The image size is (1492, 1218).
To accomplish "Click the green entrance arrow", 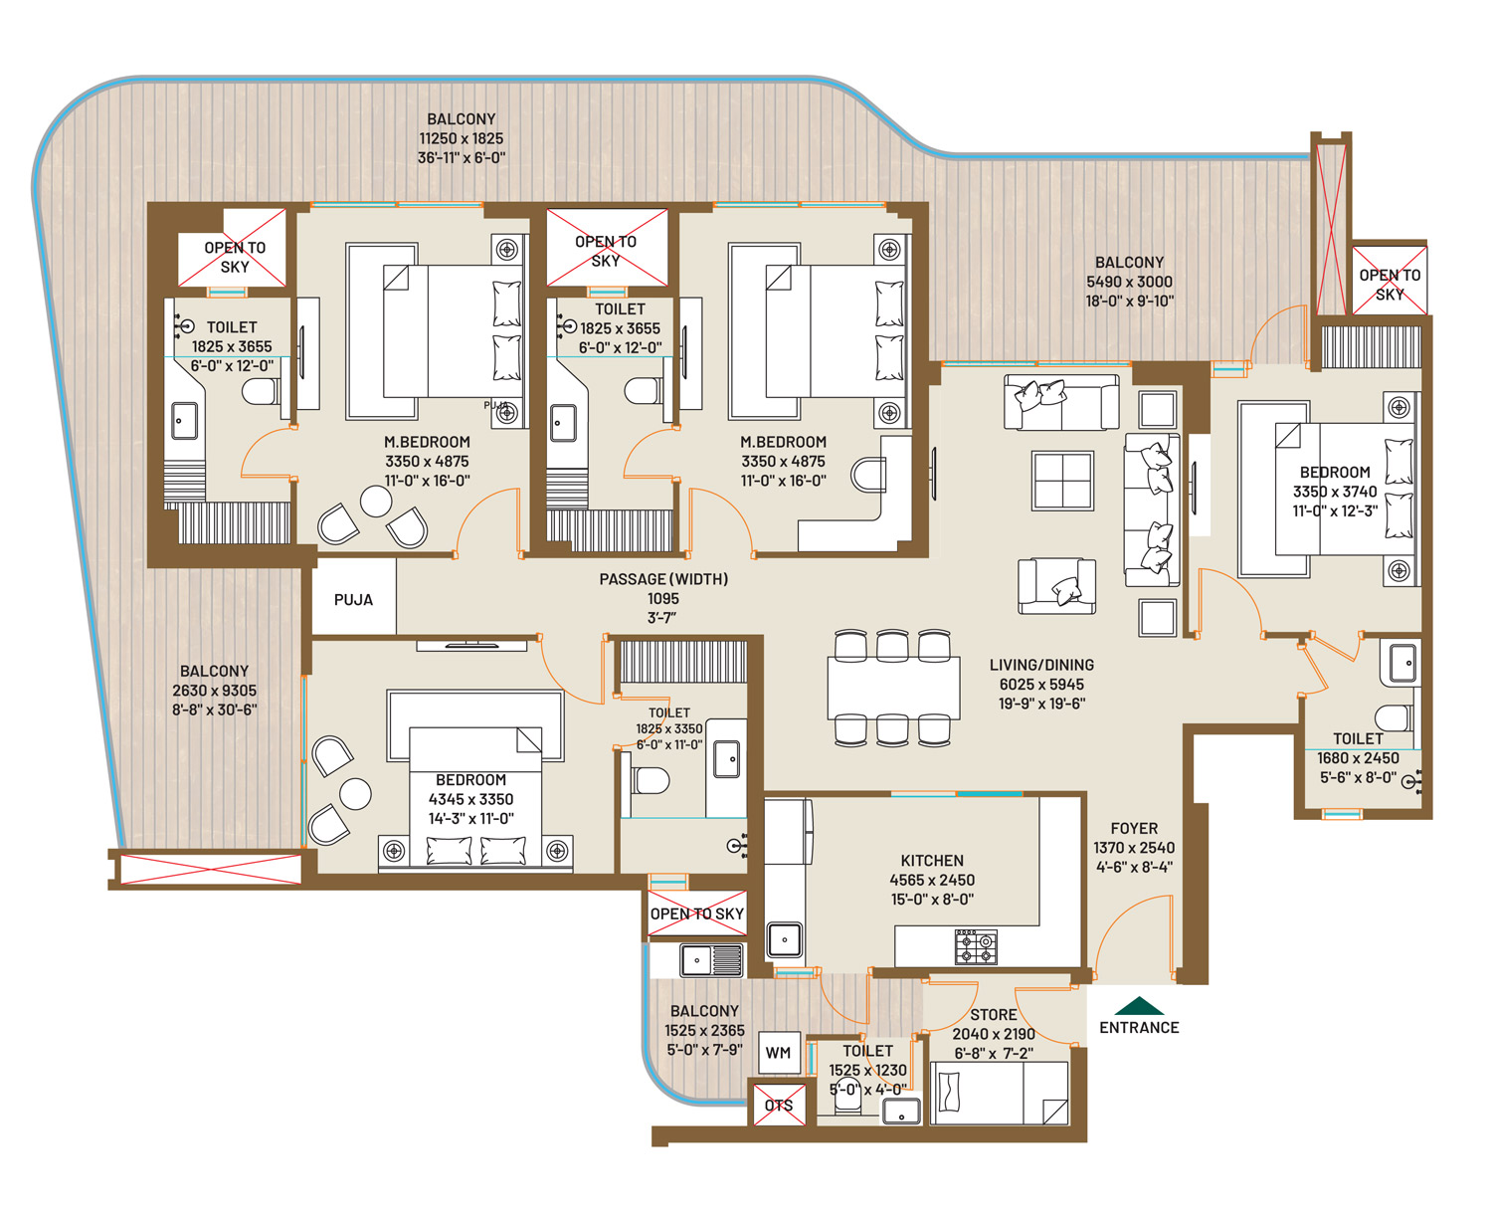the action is [1138, 1006].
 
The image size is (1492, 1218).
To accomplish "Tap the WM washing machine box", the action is [778, 1053].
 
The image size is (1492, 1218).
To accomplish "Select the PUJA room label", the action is [353, 599].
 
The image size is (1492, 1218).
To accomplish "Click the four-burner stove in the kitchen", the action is [976, 947].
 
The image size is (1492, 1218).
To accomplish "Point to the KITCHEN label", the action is [932, 861].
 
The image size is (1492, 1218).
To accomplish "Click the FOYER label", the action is [1134, 828].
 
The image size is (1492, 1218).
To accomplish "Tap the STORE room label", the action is [994, 1014].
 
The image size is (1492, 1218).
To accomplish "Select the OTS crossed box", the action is [779, 1105].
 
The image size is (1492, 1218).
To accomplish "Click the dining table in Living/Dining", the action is [893, 688].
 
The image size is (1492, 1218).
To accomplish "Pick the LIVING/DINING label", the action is [1041, 665].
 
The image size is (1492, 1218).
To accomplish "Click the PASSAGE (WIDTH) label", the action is [663, 579].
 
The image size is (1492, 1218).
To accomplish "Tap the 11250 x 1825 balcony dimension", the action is [462, 138].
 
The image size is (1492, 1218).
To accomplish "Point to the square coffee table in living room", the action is [1062, 481].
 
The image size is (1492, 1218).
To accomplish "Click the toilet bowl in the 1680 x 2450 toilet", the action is [1393, 717].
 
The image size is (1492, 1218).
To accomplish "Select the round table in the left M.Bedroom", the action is [376, 502].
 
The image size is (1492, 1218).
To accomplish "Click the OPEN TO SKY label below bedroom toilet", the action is [697, 913].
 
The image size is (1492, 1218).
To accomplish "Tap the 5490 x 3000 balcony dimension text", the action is [1129, 281].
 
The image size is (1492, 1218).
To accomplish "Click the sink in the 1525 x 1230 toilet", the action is [901, 1112].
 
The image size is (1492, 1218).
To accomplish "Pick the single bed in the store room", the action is [999, 1093].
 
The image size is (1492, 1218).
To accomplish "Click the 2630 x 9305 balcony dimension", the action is [215, 690].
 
